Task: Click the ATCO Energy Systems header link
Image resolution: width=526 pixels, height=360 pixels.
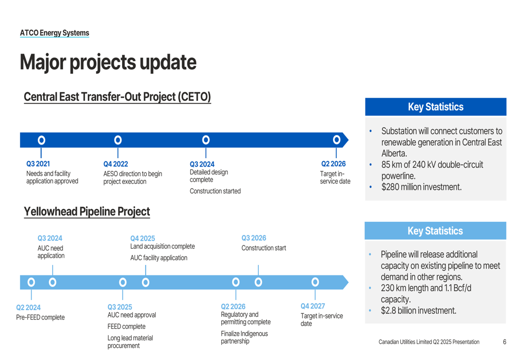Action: point(54,33)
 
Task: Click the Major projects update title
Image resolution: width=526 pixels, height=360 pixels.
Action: point(108,63)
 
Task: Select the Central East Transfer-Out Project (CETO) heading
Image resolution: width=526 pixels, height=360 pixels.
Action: point(117,97)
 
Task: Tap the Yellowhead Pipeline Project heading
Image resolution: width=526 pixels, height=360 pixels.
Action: point(87,211)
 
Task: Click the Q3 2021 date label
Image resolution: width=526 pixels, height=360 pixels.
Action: point(38,164)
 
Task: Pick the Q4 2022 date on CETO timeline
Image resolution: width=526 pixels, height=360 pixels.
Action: point(116,164)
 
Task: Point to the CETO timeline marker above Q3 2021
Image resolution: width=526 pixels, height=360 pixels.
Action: point(41,140)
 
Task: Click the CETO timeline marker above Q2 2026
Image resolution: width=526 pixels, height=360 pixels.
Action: point(337,140)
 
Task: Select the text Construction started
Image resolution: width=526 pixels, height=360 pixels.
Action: point(215,191)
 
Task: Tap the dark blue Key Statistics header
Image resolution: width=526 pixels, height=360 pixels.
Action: point(436,107)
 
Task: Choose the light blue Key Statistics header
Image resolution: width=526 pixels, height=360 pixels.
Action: point(436,231)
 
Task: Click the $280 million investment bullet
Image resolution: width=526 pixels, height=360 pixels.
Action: point(421,187)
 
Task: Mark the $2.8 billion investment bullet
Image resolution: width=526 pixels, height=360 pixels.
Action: point(418,311)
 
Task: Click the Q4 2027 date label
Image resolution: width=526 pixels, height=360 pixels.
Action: point(312,306)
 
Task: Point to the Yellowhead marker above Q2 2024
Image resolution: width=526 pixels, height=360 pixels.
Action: point(31,282)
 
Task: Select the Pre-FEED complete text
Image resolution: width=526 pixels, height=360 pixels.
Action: point(41,317)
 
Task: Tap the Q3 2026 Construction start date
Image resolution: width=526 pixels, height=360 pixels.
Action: point(254,238)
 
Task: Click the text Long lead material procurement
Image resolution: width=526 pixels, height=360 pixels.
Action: point(130,342)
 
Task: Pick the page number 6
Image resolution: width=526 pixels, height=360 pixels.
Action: point(504,342)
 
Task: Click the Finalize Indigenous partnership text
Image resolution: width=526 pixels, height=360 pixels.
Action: point(244,337)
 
